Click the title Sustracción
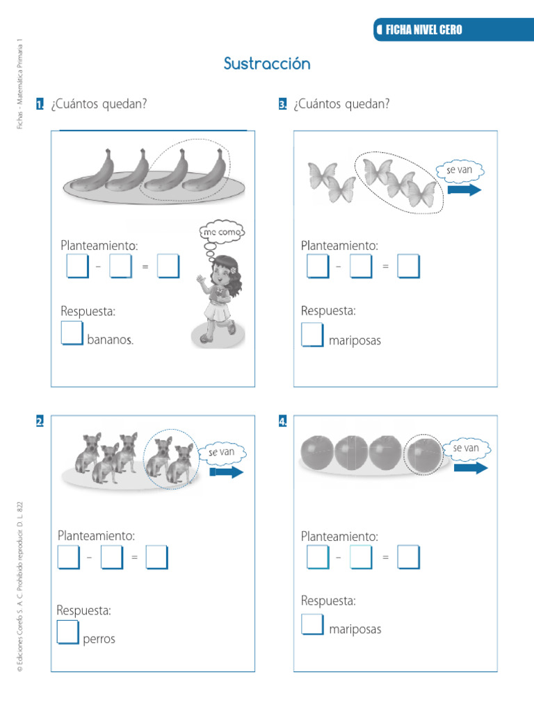pos(267,64)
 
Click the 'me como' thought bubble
pos(222,233)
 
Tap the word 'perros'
pos(99,639)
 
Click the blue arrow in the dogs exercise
pos(227,472)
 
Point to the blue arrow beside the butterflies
pos(464,190)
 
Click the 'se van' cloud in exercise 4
pos(466,449)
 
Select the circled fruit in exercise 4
pos(423,454)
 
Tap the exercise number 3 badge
pos(282,105)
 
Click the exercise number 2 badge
pos(40,421)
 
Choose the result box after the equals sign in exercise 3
pos(409,266)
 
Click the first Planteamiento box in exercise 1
pos(77,266)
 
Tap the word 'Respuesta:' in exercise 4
pos(328,601)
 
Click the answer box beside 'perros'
pos(67,632)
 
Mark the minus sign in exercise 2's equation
pos(90,557)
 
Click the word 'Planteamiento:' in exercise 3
pos(339,245)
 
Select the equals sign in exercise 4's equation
pos(386,557)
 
